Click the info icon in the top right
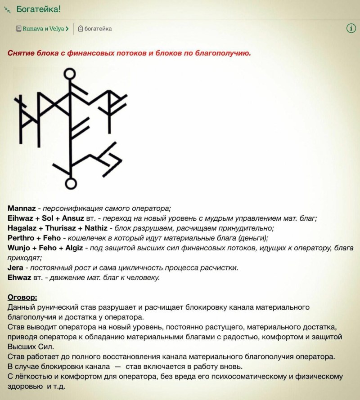coord(351,28)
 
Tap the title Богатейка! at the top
coord(38,9)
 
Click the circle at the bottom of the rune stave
coord(70,183)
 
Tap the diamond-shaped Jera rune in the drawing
coord(110,158)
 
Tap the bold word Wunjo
coord(19,248)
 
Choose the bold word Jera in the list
coord(16,267)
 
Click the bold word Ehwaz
coord(19,277)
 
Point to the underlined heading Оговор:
coord(22,298)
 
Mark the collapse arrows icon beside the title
coord(7,9)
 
